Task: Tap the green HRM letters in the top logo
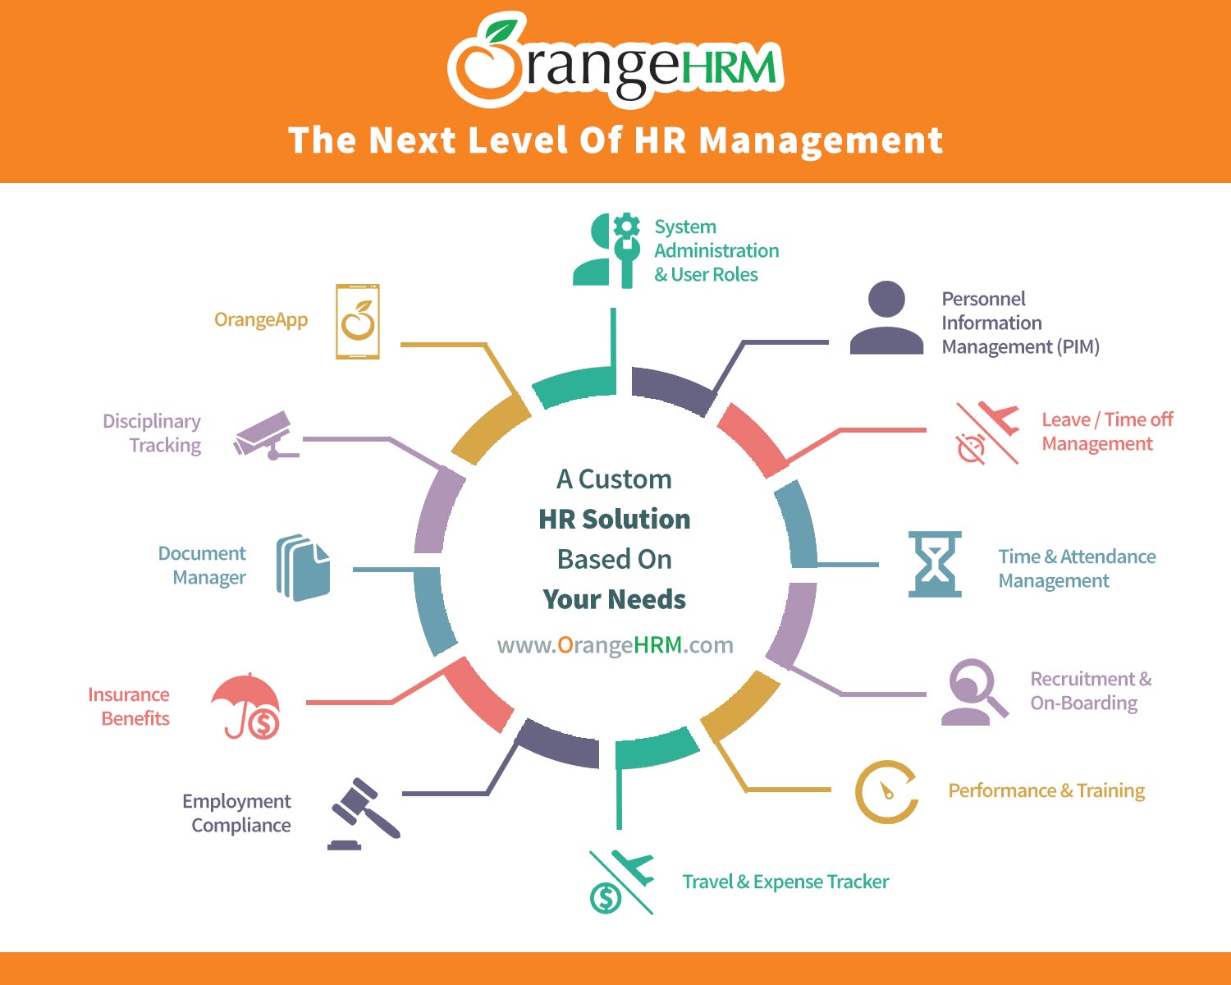pyautogui.click(x=729, y=66)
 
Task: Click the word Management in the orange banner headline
pyautogui.click(x=821, y=141)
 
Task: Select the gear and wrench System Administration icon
pyautogui.click(x=606, y=250)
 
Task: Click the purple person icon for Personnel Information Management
pyautogui.click(x=886, y=318)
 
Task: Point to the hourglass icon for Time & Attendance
pyautogui.click(x=935, y=565)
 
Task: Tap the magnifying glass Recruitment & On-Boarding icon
pyautogui.click(x=975, y=692)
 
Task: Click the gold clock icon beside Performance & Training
pyautogui.click(x=886, y=791)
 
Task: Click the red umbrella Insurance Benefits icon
pyautogui.click(x=246, y=706)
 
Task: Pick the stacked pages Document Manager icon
pyautogui.click(x=303, y=568)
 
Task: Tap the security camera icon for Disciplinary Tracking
pyautogui.click(x=266, y=435)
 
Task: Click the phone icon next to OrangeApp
pyautogui.click(x=358, y=321)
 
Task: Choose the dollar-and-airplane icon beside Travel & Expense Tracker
pyautogui.click(x=622, y=882)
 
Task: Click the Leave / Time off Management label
pyautogui.click(x=1107, y=432)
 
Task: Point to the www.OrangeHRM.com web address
pyautogui.click(x=615, y=645)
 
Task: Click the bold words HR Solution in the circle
pyautogui.click(x=615, y=519)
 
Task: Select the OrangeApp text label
pyautogui.click(x=261, y=320)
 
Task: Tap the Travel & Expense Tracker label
pyautogui.click(x=785, y=882)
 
